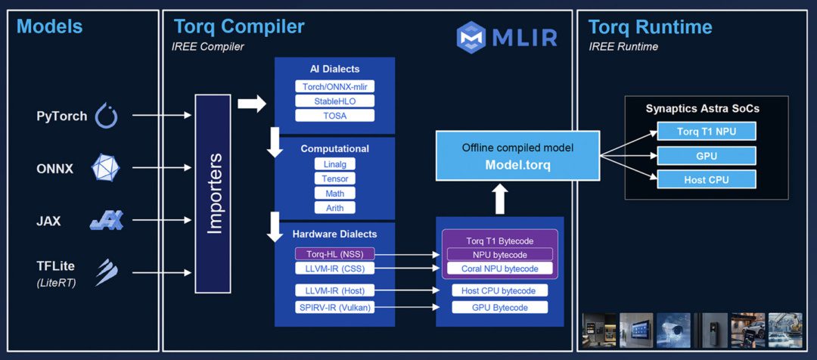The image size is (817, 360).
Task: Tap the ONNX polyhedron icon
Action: [x=105, y=169]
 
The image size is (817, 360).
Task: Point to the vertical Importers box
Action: [x=214, y=194]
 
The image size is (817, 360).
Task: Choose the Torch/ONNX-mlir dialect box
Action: [x=334, y=86]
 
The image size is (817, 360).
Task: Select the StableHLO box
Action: [x=334, y=101]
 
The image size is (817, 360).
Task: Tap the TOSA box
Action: [x=334, y=115]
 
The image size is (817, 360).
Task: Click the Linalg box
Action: [x=334, y=164]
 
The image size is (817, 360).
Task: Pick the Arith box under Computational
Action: [x=334, y=207]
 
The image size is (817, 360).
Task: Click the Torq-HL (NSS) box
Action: [x=334, y=254]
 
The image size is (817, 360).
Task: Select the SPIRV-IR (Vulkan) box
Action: [x=334, y=307]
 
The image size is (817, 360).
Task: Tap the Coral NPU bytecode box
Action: [x=499, y=268]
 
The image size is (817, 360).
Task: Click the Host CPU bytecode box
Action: [x=499, y=291]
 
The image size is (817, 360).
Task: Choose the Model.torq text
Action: [x=518, y=164]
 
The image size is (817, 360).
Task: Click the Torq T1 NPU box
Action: [x=706, y=131]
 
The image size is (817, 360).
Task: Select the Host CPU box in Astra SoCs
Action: [x=706, y=179]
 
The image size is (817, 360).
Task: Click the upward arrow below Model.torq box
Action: [x=500, y=199]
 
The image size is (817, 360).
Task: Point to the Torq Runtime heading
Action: [x=650, y=27]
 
